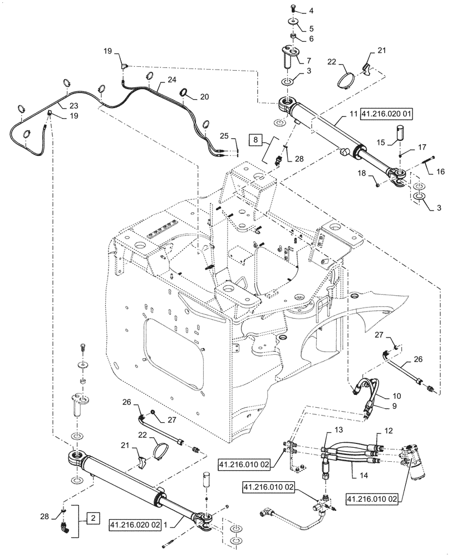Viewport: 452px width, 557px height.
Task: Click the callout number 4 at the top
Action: [x=311, y=11]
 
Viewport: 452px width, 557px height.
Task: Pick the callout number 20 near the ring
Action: [x=205, y=96]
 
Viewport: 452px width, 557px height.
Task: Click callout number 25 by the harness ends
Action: [x=223, y=135]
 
